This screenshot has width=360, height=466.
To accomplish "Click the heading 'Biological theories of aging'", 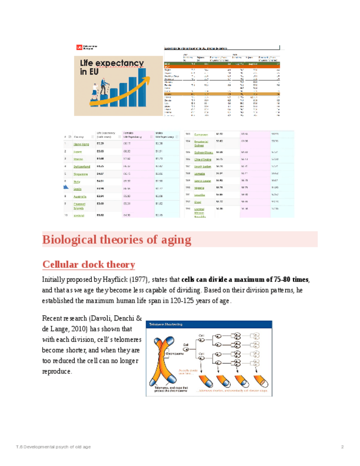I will (x=117, y=240).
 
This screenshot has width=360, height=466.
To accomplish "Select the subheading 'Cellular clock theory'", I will (x=88, y=265).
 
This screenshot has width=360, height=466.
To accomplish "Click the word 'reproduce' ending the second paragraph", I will (x=57, y=371).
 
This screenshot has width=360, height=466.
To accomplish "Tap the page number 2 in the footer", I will (x=342, y=447).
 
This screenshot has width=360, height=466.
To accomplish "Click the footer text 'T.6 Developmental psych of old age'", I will (x=53, y=447).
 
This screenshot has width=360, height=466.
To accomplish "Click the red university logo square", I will (x=80, y=48).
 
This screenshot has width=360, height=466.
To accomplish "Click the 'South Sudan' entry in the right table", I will (x=202, y=166).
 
